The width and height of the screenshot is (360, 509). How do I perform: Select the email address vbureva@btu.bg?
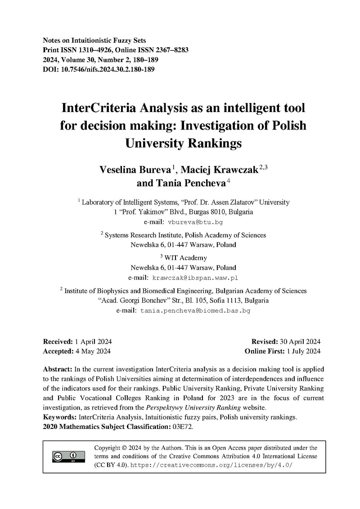coord(195,222)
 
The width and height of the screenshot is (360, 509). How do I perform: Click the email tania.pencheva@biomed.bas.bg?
coord(195,310)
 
